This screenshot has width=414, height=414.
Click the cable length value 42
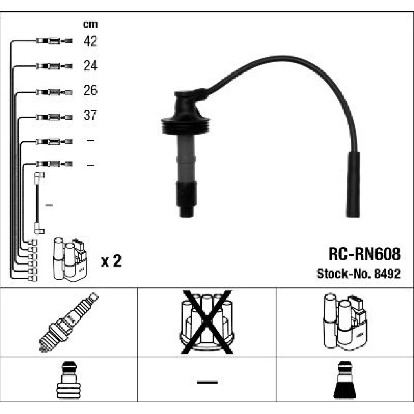[90, 41]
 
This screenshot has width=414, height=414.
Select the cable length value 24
[90, 65]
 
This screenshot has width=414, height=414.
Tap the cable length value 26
[90, 90]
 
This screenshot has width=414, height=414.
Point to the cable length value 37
[90, 115]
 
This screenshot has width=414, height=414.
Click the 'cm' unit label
[90, 24]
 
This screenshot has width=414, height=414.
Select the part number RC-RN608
[364, 254]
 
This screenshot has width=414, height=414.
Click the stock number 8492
[388, 274]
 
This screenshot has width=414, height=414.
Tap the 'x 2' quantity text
[111, 261]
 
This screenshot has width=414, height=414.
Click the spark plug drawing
[68, 322]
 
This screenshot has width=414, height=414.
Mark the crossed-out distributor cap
[207, 322]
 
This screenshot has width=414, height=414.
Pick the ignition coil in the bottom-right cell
[345, 322]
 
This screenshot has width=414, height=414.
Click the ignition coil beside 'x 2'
[70, 259]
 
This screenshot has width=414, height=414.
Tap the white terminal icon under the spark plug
[68, 380]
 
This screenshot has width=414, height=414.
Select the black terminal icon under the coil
[345, 380]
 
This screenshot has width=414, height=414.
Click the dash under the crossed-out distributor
[207, 382]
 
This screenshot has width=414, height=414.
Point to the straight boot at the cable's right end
[353, 184]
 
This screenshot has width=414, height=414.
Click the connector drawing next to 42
[54, 41]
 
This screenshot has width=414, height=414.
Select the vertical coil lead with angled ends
[39, 203]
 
